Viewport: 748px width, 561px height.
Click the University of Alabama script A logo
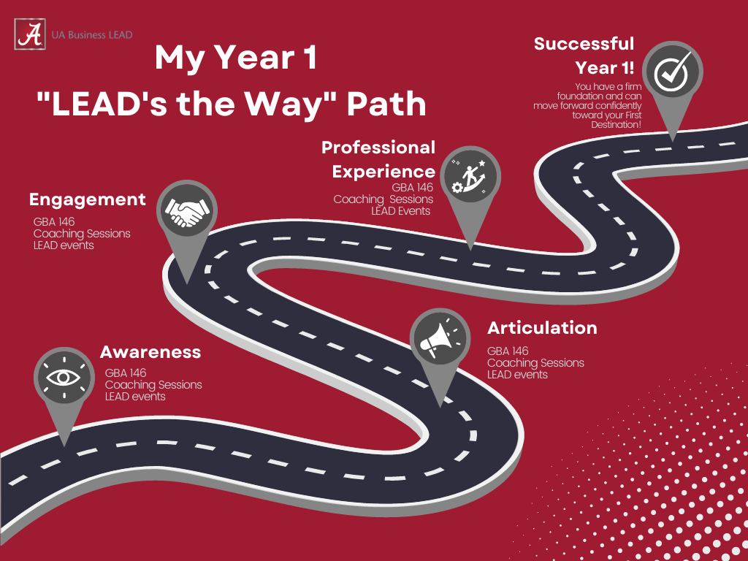(x=30, y=34)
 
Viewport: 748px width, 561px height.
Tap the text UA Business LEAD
(x=92, y=35)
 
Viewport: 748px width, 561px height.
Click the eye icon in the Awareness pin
(x=64, y=378)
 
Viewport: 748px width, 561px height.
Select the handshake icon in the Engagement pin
(x=187, y=211)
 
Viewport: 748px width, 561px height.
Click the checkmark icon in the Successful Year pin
(x=673, y=72)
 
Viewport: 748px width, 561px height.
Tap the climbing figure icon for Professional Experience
(x=470, y=177)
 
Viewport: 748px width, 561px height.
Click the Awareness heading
(x=150, y=352)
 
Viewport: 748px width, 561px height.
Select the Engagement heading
(x=88, y=199)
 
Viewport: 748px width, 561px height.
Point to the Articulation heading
(x=542, y=328)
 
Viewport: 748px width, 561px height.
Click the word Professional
(x=378, y=148)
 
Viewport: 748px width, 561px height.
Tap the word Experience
(x=383, y=172)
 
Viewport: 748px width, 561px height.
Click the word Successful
(x=584, y=44)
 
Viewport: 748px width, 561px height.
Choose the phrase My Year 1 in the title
(x=236, y=58)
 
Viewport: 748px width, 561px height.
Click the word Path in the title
(x=386, y=104)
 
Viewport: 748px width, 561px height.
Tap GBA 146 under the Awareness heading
(x=126, y=373)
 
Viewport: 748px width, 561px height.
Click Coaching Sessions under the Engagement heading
(x=82, y=234)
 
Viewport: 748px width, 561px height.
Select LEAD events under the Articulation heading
(x=517, y=375)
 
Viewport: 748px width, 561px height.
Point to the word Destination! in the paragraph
(x=617, y=125)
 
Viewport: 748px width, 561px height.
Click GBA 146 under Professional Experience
(x=412, y=188)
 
